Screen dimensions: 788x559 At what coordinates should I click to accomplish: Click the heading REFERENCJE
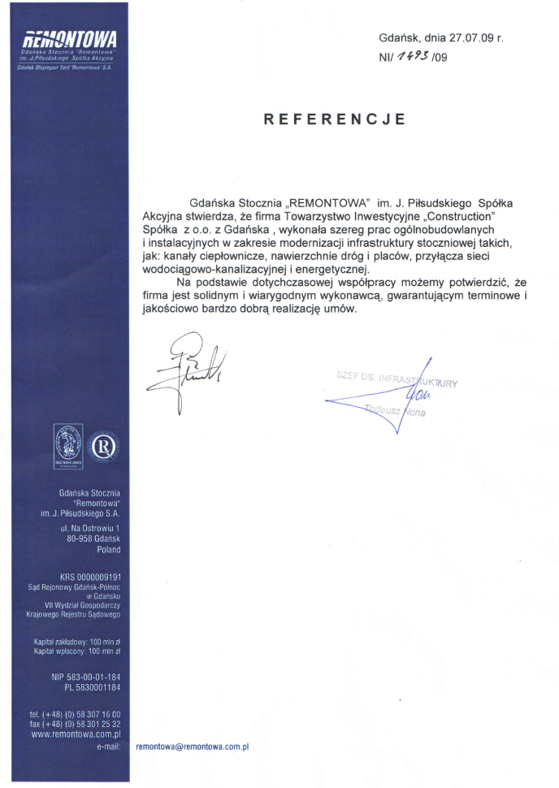334,119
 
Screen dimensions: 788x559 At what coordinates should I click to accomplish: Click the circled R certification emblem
103,448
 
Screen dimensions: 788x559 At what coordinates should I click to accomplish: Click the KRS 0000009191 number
89,578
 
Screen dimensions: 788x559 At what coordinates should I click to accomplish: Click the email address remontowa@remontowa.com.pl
192,746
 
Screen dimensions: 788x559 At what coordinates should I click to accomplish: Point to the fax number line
75,723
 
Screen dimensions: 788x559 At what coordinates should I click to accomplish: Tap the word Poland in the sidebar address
108,549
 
